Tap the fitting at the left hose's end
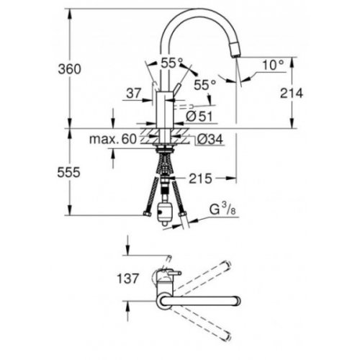coord(147,213)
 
